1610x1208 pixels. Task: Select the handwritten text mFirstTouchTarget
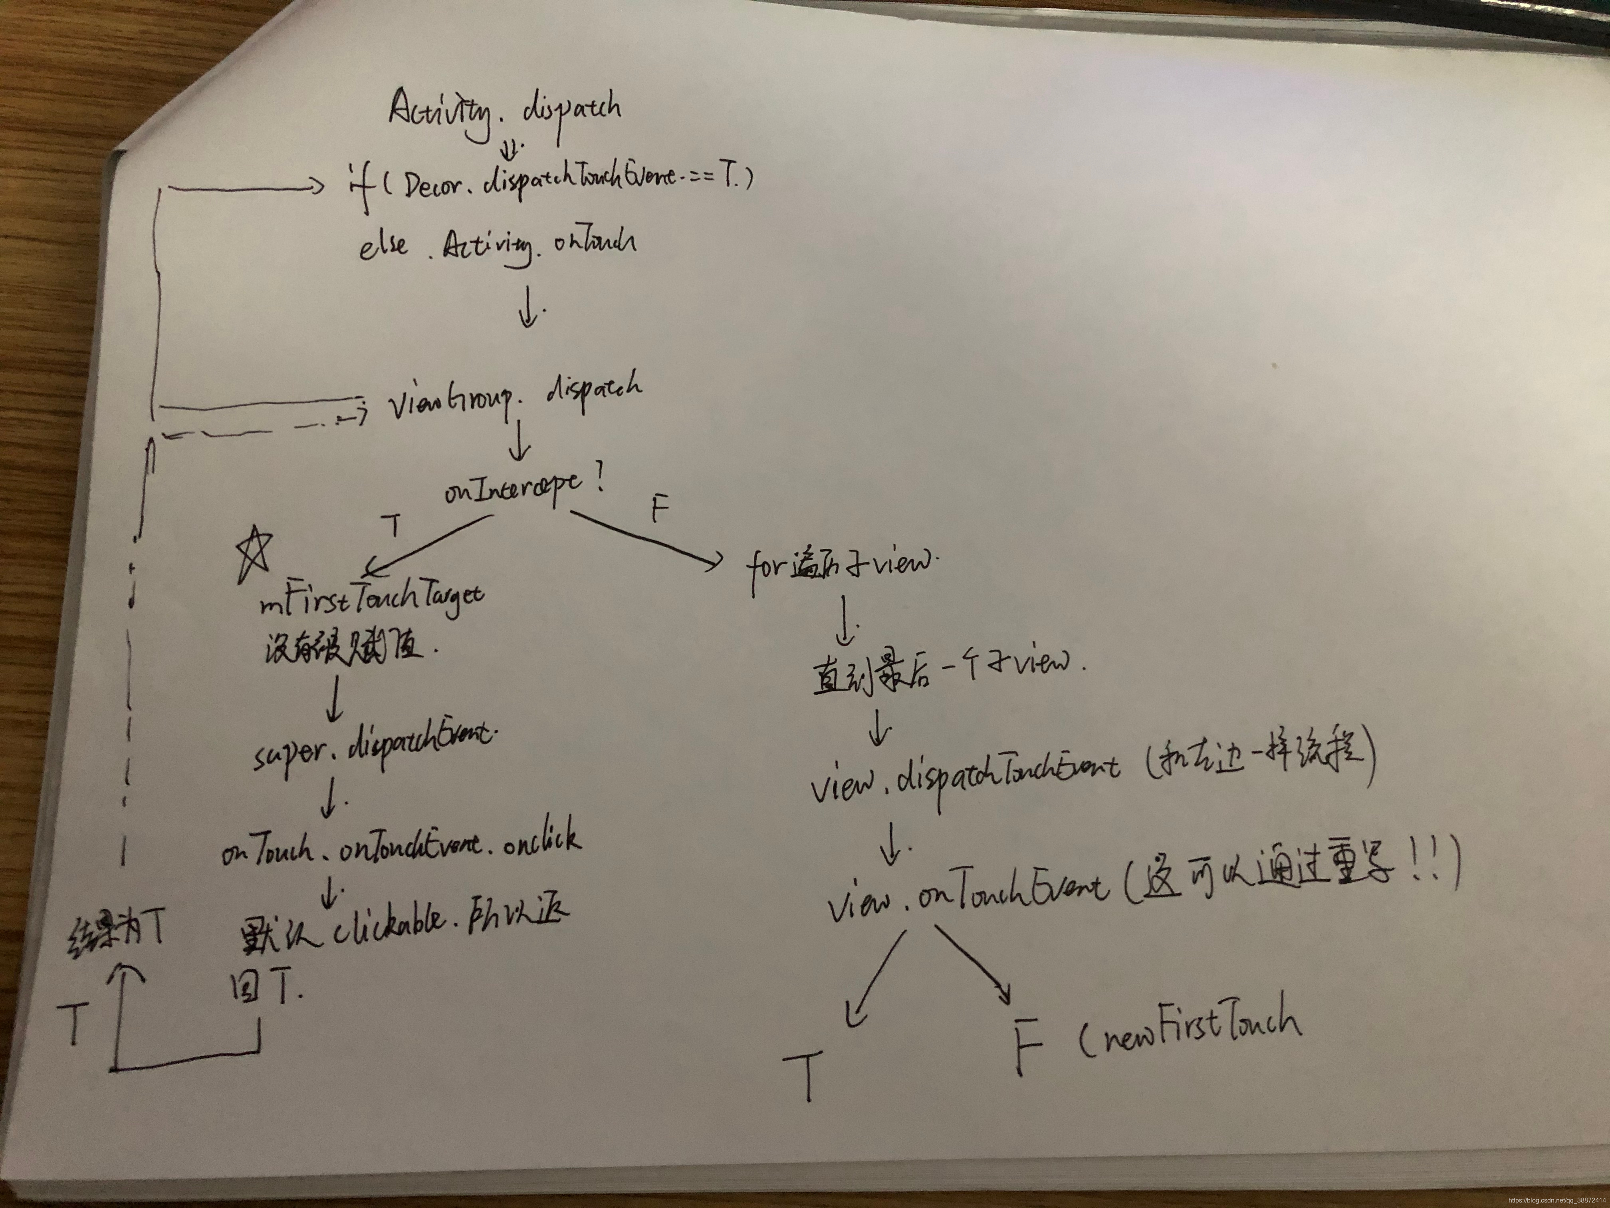pyautogui.click(x=371, y=602)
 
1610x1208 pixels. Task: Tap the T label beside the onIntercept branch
pyautogui.click(x=393, y=526)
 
